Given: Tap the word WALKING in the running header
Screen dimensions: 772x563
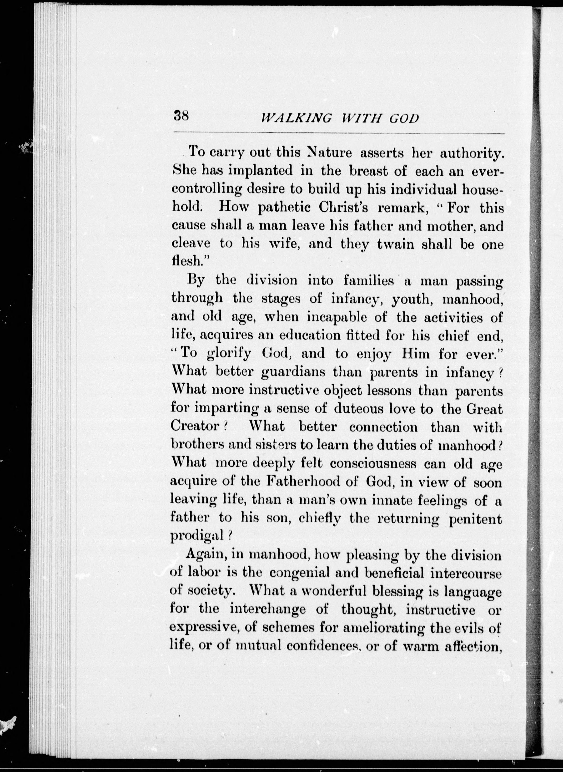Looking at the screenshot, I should [x=296, y=118].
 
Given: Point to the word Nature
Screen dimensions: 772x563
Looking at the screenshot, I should [x=330, y=153].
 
